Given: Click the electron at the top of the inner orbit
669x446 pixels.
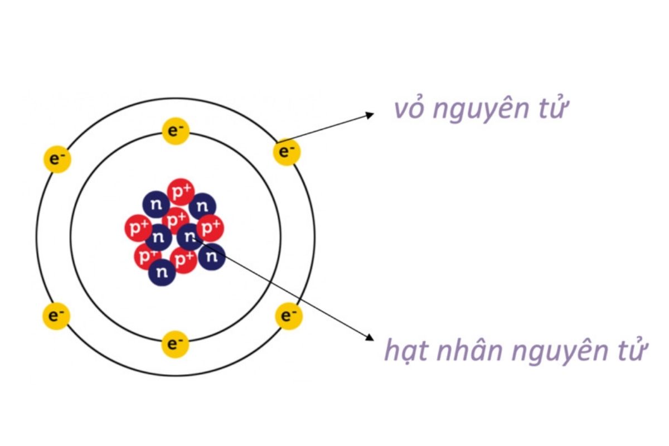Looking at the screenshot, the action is [176, 131].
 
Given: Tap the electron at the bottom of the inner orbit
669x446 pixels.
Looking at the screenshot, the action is [175, 344].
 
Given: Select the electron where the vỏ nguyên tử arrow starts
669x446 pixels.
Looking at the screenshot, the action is [287, 152].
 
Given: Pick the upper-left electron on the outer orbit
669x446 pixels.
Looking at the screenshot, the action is [57, 159].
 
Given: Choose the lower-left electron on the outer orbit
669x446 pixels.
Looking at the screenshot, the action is [56, 316].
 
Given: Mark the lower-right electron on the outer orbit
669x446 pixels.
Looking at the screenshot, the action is [289, 316].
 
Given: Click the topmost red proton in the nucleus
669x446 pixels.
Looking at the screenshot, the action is [181, 192].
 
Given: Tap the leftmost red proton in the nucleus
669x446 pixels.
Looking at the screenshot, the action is [138, 228].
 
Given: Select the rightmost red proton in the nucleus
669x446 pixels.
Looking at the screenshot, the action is [210, 228].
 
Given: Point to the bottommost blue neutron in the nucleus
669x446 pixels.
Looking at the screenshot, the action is [162, 272].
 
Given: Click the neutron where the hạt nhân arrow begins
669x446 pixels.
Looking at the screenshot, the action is [190, 237].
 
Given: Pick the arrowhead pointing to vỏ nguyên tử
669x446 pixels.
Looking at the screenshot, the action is [370, 115].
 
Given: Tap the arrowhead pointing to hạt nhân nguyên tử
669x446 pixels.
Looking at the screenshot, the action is [370, 337].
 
